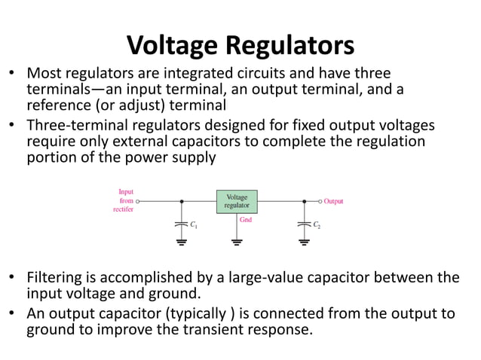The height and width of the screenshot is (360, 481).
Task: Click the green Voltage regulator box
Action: click(x=237, y=201)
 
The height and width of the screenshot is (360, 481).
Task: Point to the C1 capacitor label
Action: click(x=193, y=225)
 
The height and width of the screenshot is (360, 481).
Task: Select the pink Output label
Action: click(x=333, y=202)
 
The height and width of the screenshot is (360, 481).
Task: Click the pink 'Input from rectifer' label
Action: click(x=124, y=201)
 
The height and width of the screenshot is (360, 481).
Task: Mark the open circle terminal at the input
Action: click(x=137, y=202)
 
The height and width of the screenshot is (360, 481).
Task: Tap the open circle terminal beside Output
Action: click(x=320, y=202)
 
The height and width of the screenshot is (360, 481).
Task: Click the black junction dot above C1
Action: click(x=181, y=202)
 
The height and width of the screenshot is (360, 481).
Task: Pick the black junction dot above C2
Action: click(x=304, y=202)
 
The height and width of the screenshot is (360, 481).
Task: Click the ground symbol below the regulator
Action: click(x=237, y=243)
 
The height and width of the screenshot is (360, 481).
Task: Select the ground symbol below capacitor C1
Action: click(x=181, y=243)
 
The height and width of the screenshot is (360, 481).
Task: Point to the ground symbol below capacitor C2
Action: click(x=304, y=243)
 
